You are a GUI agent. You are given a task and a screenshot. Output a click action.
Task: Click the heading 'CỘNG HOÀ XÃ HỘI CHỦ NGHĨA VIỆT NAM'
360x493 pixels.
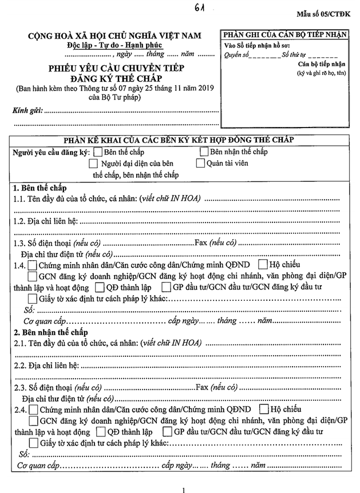pyautogui.click(x=115, y=36)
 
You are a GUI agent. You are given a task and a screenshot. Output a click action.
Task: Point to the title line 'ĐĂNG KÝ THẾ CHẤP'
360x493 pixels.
pyautogui.click(x=114, y=78)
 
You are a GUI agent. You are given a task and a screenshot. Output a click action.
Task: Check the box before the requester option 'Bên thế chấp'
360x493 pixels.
pyautogui.click(x=98, y=152)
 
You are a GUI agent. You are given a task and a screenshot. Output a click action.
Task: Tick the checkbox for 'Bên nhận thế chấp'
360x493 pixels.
pyautogui.click(x=204, y=152)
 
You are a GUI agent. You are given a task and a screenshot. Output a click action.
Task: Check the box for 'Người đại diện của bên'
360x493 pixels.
pyautogui.click(x=94, y=164)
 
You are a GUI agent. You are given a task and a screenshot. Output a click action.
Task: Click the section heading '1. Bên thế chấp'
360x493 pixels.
pyautogui.click(x=39, y=188)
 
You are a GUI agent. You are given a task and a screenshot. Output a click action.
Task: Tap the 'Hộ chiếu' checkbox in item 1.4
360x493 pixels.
pyautogui.click(x=263, y=265)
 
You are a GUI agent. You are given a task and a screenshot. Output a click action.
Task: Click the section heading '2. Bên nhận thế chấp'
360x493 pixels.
pyautogui.click(x=50, y=332)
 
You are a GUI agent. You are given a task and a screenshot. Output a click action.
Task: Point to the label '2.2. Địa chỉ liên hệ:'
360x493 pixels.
pyautogui.click(x=46, y=365)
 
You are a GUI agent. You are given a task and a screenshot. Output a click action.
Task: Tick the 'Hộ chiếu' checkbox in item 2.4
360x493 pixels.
pyautogui.click(x=264, y=409)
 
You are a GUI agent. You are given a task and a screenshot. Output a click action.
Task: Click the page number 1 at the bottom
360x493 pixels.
pyautogui.click(x=183, y=489)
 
